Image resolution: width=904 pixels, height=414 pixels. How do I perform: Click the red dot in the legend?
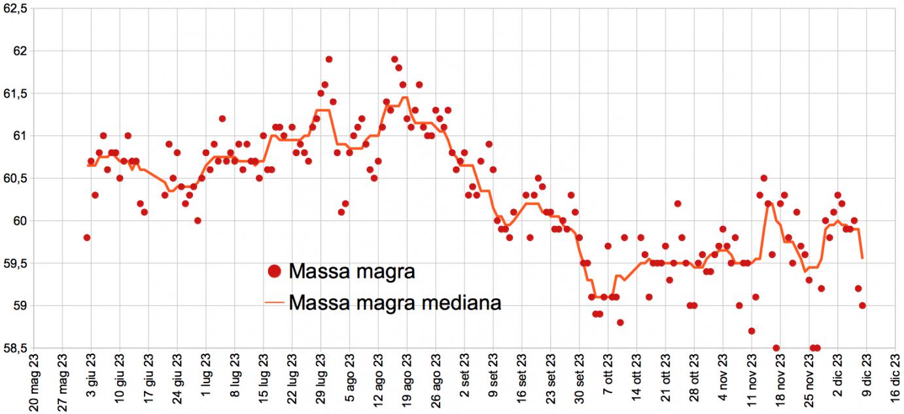[x=275, y=271]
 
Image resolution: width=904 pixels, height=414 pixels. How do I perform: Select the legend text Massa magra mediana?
[x=394, y=303]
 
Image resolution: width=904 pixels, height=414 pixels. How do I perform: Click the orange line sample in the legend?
[x=275, y=303]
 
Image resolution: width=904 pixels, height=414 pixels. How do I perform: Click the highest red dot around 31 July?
[x=329, y=60]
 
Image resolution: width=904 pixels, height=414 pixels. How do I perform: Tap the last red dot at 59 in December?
[x=862, y=305]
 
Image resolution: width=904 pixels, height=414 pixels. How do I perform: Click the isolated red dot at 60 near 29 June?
[x=198, y=221]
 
